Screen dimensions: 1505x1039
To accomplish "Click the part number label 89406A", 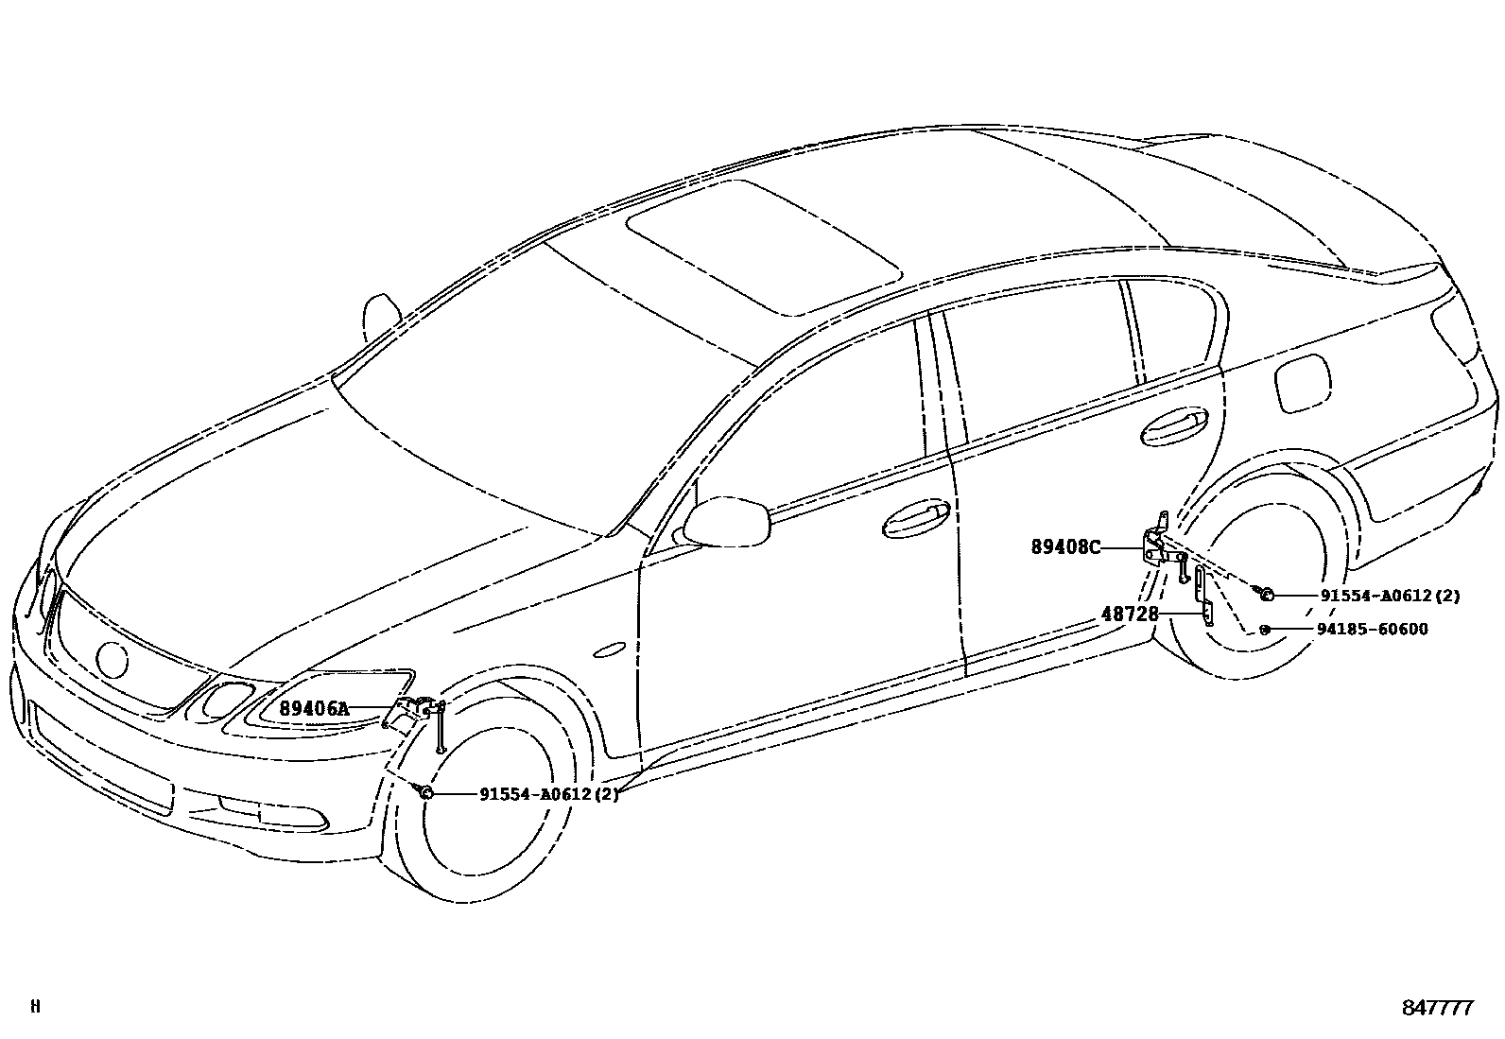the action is pos(313,708).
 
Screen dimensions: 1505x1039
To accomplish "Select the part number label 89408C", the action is pos(1065,547).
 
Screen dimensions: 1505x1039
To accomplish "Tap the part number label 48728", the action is pos(1130,614).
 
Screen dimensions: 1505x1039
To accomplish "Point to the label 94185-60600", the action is pos(1374,630).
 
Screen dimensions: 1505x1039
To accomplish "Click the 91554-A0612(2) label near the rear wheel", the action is pos(1390,596).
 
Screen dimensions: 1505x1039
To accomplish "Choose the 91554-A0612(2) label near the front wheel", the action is pos(548,794).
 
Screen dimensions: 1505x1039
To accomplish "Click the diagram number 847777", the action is pos(1437,1008).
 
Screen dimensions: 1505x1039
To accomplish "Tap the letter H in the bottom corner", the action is pos(35,1006).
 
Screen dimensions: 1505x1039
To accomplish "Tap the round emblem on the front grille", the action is pos(112,660).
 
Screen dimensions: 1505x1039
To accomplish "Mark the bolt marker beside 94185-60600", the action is pos(1264,630).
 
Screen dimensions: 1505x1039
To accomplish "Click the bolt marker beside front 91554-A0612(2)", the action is pos(426,792).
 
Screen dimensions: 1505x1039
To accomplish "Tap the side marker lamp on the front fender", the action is pos(611,649).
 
